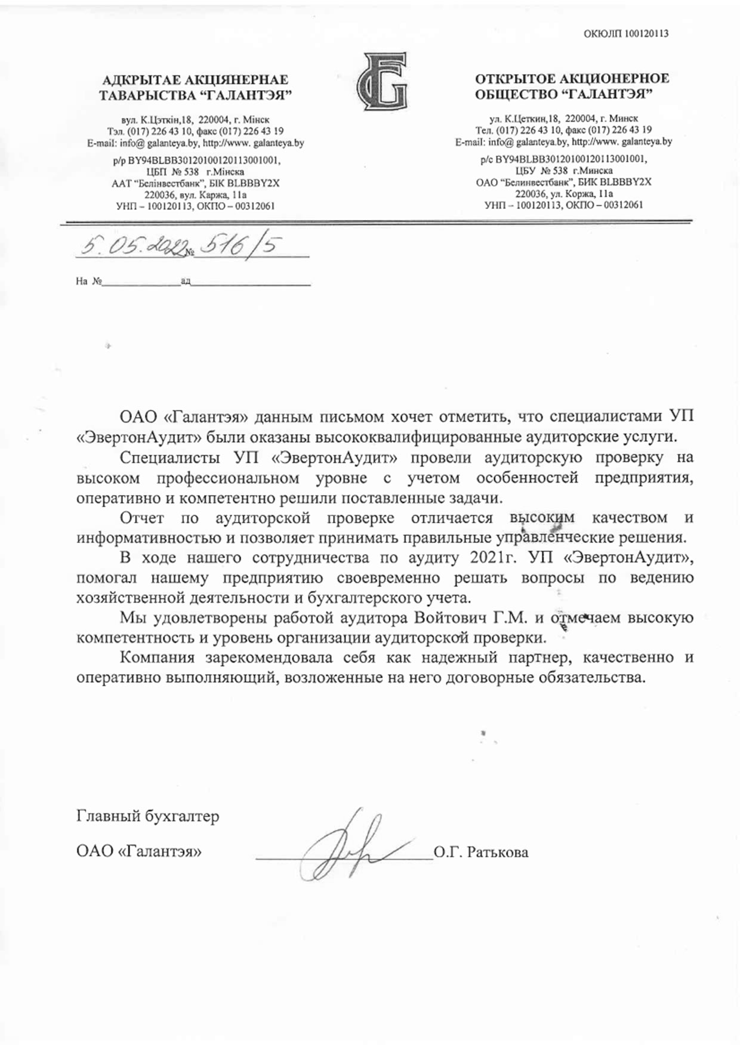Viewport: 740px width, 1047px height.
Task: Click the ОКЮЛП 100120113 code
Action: [x=626, y=33]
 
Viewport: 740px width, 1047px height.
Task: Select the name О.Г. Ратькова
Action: [x=481, y=852]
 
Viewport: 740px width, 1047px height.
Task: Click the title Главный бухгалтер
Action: [x=147, y=816]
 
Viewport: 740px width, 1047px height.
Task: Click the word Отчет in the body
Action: [x=141, y=517]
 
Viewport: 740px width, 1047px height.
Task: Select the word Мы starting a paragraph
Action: [x=131, y=617]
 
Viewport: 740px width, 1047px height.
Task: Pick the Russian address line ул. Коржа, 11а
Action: [x=564, y=194]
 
